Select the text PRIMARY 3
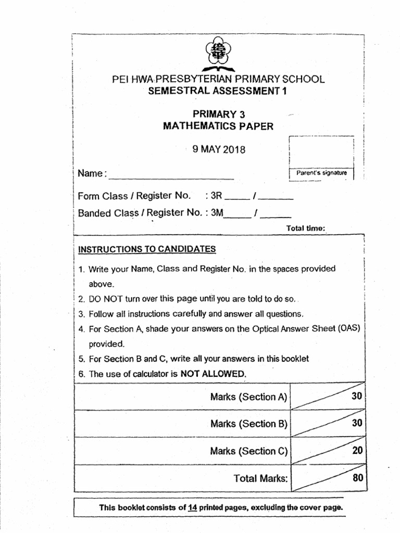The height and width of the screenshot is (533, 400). point(218,114)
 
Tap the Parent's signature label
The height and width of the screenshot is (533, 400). point(321,173)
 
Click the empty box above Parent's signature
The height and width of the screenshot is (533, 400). point(321,151)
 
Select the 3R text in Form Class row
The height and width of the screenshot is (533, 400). point(216,196)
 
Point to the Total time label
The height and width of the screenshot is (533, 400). point(306,228)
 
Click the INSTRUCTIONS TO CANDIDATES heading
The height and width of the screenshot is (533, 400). point(147,249)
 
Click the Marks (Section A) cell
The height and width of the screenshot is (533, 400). point(249,397)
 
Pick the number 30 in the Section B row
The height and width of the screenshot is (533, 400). point(357,423)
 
